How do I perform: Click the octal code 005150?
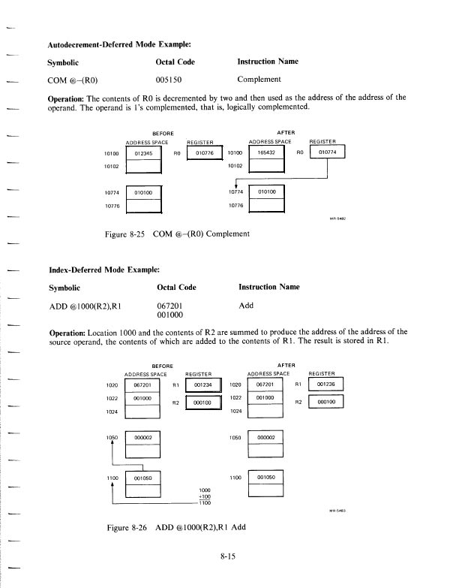[x=172, y=78]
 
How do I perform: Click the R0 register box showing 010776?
[x=205, y=152]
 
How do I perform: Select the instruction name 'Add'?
[x=246, y=306]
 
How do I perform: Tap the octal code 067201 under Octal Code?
[x=172, y=306]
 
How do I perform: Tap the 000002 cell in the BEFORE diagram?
[x=143, y=437]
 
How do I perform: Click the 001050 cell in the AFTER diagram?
[x=266, y=476]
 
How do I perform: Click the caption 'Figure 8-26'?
[x=128, y=527]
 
